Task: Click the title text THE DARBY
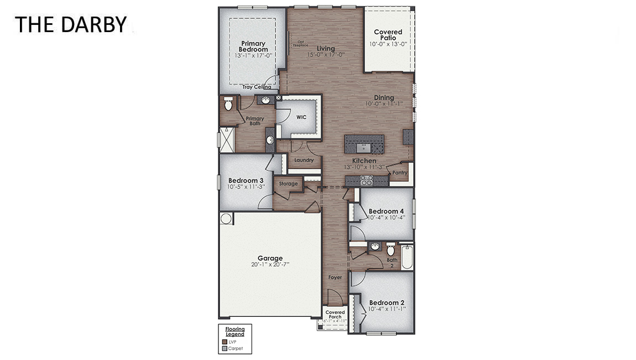[70, 24]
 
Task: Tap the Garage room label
[270, 258]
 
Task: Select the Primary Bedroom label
[253, 46]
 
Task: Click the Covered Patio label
[388, 35]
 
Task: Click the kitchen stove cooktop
[366, 180]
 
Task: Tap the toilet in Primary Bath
[228, 103]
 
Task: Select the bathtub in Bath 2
[406, 257]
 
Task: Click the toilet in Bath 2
[390, 249]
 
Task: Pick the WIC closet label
[301, 117]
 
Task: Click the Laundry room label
[304, 160]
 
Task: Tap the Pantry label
[399, 173]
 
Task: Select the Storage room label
[288, 184]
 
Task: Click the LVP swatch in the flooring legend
[224, 342]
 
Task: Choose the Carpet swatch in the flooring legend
[224, 348]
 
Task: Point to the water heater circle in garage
[226, 218]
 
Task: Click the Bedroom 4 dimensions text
[387, 217]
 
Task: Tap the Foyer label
[335, 277]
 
